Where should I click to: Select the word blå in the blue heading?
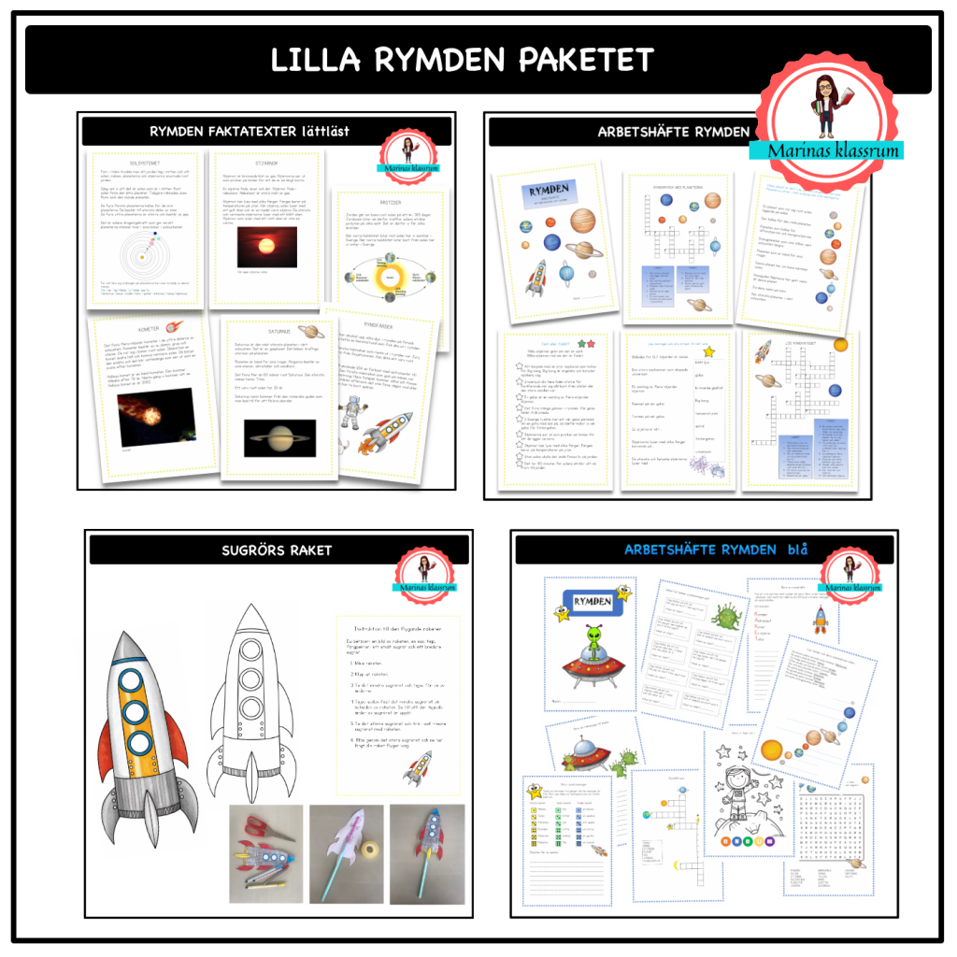795,549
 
